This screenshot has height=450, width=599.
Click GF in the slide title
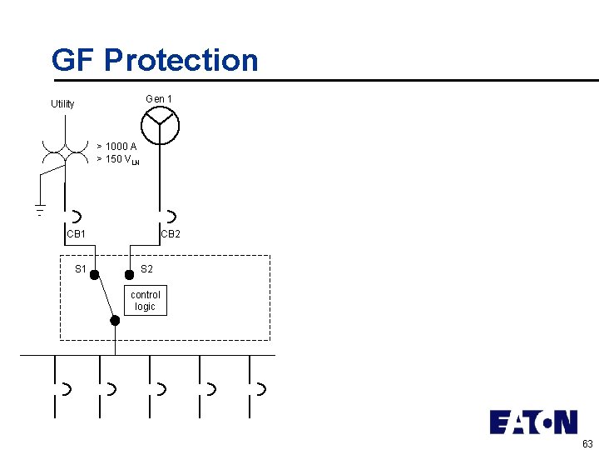click(73, 61)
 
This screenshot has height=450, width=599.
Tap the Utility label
click(62, 104)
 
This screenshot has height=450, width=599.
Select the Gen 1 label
click(159, 99)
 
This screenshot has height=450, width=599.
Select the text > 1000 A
click(116, 147)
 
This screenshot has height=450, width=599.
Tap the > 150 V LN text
click(117, 159)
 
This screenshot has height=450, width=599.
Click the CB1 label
click(77, 234)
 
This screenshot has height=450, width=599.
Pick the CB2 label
click(171, 234)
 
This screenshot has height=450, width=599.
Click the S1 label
click(81, 269)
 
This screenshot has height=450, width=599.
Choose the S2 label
click(146, 269)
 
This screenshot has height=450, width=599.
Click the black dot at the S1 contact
click(96, 274)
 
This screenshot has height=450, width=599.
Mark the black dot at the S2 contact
click(129, 274)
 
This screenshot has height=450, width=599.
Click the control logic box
click(146, 301)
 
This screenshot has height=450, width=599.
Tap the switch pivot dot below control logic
click(115, 320)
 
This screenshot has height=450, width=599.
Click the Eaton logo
click(533, 422)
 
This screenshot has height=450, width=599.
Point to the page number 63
click(587, 444)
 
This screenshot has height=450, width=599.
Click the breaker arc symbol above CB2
click(170, 217)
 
